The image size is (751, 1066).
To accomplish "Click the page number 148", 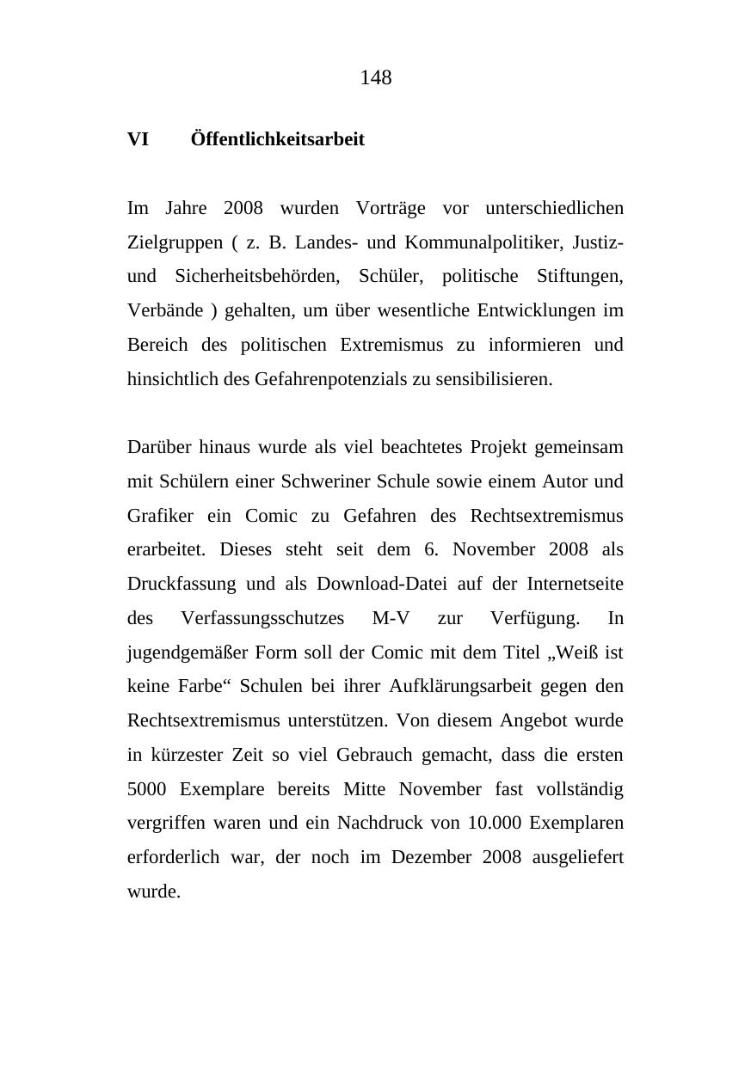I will (375, 78).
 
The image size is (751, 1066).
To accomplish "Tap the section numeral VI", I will (138, 139).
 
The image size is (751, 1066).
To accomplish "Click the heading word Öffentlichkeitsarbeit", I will (277, 139).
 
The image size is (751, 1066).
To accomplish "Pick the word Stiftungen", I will (580, 277).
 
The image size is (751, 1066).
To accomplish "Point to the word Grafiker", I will (160, 516).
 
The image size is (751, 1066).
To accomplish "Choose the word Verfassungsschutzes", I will (262, 618).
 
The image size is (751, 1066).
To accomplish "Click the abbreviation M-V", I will (391, 618).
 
